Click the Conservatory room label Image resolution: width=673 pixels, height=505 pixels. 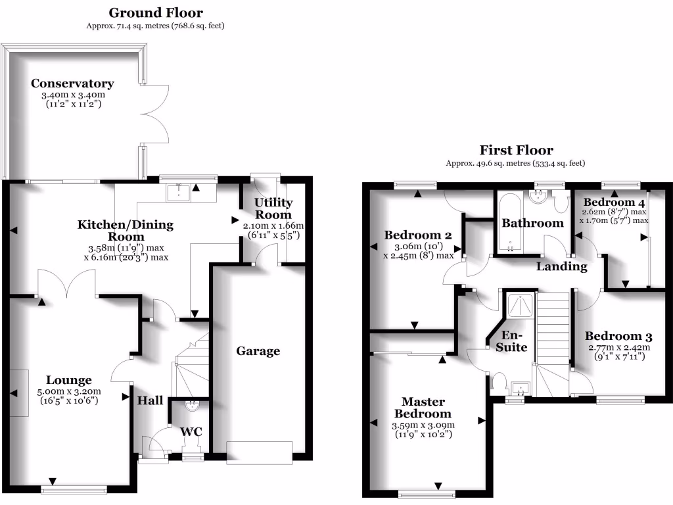pos(72,84)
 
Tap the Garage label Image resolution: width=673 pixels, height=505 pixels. pos(258,351)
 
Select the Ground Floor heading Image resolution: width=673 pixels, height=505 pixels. pos(156,12)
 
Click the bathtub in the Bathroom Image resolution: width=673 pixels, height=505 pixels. pos(510,224)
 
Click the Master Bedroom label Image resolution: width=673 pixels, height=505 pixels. pos(427,408)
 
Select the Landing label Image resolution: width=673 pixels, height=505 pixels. pos(561,266)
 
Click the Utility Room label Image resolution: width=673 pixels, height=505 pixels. pos(273,208)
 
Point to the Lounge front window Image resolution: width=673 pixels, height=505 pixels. pos(74,489)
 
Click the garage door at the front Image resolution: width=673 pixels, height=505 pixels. pos(259,453)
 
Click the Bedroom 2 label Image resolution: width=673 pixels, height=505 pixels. pos(418,235)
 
